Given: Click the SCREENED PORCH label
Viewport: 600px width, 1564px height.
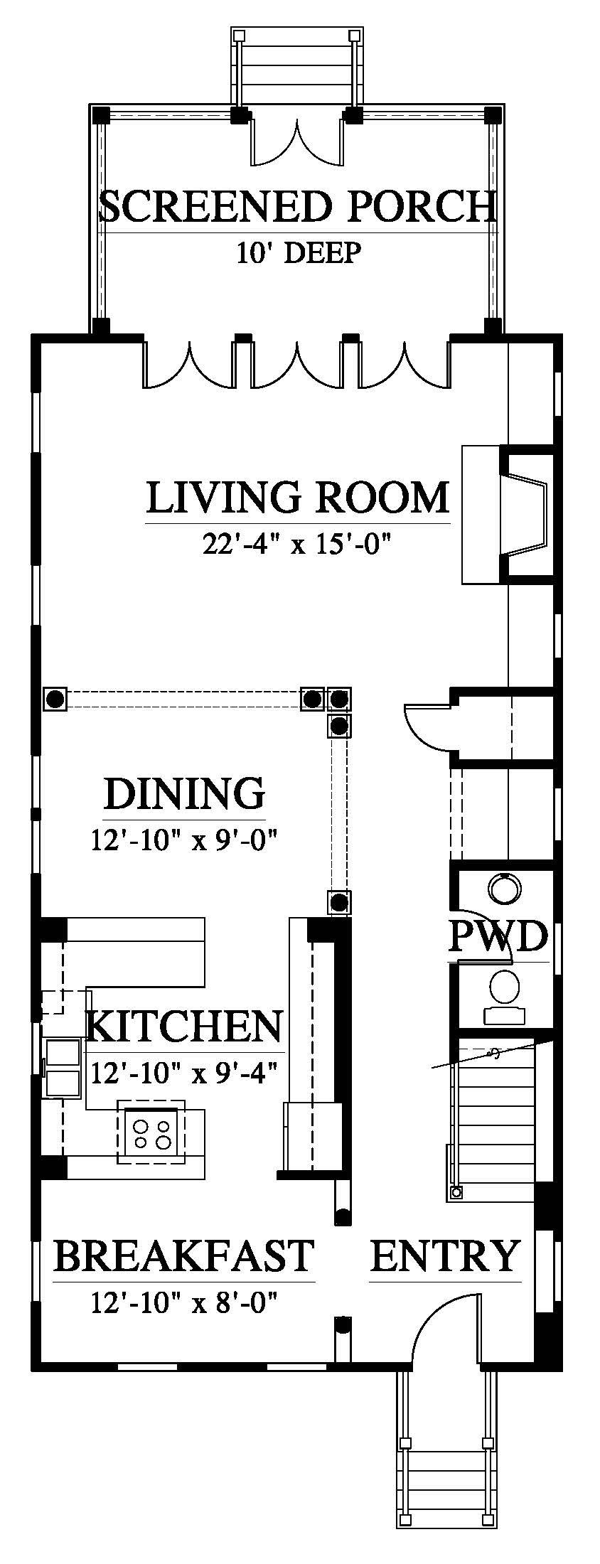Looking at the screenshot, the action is [298, 207].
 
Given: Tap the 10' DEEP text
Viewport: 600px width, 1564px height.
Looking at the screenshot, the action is [299, 252].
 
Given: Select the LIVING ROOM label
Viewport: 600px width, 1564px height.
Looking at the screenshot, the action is [298, 497].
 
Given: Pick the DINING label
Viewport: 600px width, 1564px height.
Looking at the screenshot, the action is [184, 793].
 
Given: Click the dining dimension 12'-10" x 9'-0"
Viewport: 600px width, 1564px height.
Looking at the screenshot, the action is [183, 840].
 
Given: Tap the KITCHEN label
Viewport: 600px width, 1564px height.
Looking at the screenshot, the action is [184, 1026].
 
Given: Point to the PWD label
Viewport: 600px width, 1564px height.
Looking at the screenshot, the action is [498, 937].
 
